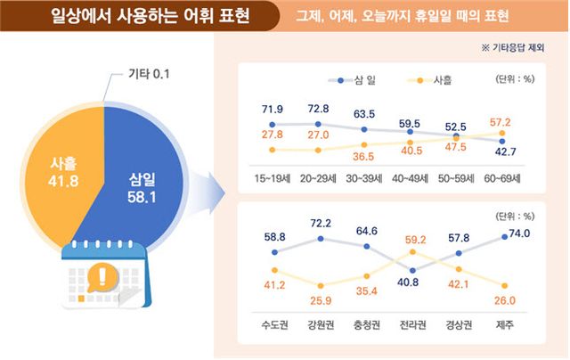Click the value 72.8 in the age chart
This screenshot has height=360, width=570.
(x=318, y=109)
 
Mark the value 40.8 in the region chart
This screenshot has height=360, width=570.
(x=411, y=282)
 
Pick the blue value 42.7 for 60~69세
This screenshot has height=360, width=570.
(x=505, y=154)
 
